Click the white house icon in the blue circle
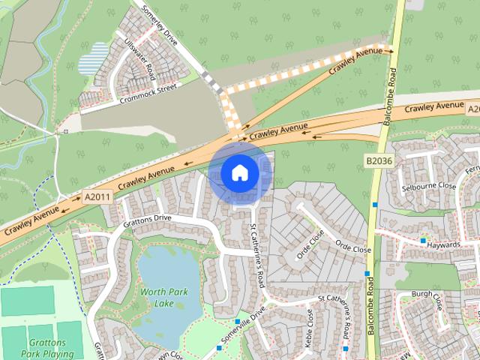(x=239, y=173)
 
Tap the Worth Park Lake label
(x=163, y=296)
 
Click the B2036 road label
(x=380, y=160)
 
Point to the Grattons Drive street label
(x=147, y=219)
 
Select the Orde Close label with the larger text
(x=352, y=247)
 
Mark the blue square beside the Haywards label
(x=423, y=241)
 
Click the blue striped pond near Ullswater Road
(x=98, y=55)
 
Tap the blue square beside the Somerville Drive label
(x=237, y=321)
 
